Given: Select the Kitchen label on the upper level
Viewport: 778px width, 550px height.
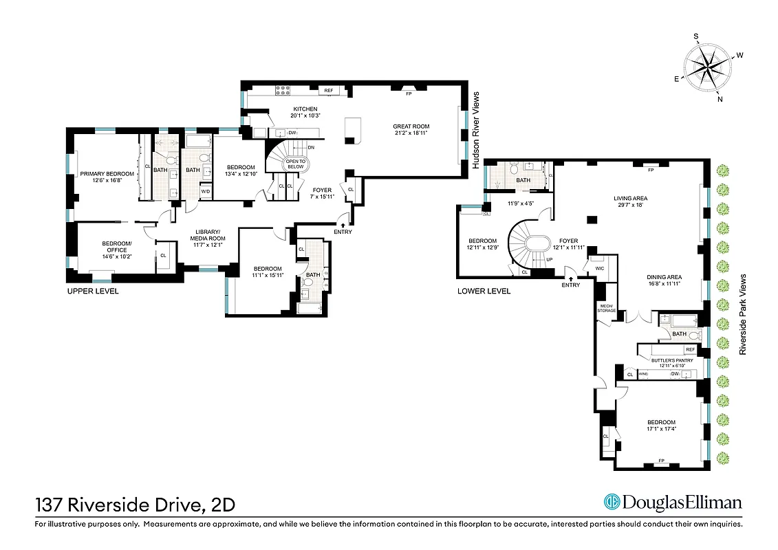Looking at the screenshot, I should [305, 113].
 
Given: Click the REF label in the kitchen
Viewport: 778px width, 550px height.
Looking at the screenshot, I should [328, 91].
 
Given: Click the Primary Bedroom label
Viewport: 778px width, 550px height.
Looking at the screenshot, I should [107, 177].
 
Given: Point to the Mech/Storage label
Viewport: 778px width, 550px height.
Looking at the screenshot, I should [606, 309].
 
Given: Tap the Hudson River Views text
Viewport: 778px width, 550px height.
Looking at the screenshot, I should [475, 131].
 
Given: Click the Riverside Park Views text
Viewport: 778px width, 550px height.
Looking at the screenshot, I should [743, 313].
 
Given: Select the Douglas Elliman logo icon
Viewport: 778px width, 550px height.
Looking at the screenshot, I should [612, 503].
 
